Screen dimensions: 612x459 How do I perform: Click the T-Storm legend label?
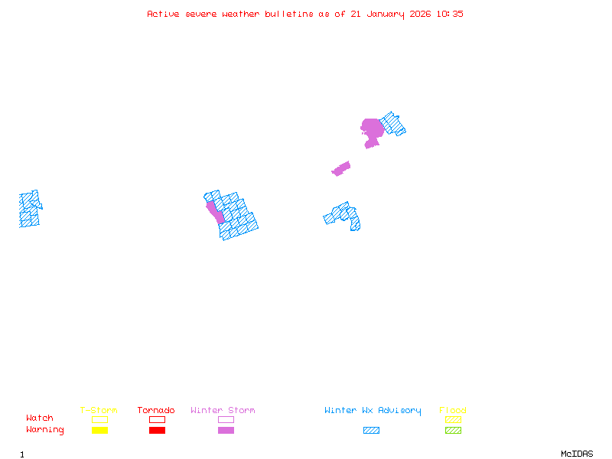(x=99, y=411)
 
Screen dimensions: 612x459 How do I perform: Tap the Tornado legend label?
(x=156, y=411)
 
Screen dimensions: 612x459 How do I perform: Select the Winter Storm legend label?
(x=223, y=411)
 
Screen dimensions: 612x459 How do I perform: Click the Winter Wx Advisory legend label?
(x=373, y=411)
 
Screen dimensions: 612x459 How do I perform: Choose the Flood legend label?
(x=453, y=411)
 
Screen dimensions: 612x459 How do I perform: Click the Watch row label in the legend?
(x=40, y=418)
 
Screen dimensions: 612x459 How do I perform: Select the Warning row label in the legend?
(x=45, y=430)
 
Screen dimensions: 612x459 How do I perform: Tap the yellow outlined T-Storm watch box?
(x=99, y=419)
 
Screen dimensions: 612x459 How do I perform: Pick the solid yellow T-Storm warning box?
(x=99, y=430)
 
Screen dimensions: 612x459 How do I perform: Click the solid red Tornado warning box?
(x=157, y=430)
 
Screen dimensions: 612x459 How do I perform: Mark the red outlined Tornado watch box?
(x=157, y=419)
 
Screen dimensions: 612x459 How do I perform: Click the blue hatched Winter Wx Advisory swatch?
(x=371, y=430)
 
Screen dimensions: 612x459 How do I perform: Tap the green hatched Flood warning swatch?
(x=453, y=430)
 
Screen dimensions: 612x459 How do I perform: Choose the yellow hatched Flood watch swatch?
(x=453, y=419)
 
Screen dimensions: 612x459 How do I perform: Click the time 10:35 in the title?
(x=450, y=14)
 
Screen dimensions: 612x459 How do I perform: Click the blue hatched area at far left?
(x=29, y=209)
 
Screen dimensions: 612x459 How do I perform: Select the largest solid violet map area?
(x=372, y=128)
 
